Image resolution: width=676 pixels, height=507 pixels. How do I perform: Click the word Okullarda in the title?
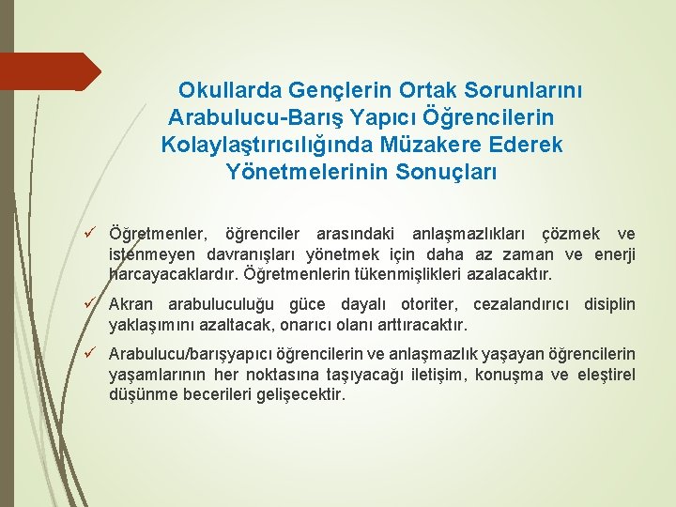[x=225, y=91]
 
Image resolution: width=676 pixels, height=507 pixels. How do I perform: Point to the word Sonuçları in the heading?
[x=424, y=173]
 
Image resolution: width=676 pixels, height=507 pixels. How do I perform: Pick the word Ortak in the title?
[x=403, y=91]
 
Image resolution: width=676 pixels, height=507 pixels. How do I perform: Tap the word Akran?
[x=132, y=305]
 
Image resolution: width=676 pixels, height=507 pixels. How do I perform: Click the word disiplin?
[x=609, y=305]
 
